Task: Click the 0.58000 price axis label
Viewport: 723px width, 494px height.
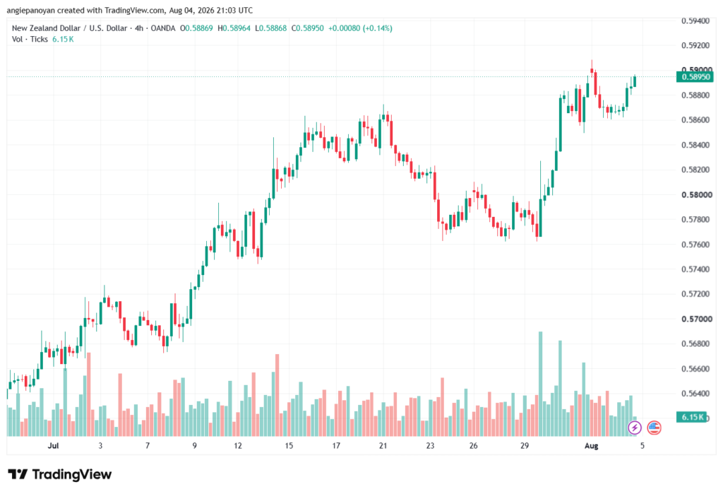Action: click(x=696, y=195)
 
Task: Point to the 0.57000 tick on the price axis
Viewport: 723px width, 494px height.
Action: click(x=696, y=319)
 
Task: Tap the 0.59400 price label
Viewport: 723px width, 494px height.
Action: click(x=696, y=20)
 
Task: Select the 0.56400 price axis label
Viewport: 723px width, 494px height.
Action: click(x=696, y=394)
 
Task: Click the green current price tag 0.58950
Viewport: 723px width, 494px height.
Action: click(x=695, y=76)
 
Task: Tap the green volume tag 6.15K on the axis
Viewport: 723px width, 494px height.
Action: click(x=691, y=417)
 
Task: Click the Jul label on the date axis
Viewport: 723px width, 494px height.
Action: click(x=54, y=445)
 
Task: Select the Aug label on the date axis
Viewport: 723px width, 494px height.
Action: click(x=591, y=445)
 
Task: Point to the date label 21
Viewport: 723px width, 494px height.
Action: click(x=383, y=445)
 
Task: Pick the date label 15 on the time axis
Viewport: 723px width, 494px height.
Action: click(x=289, y=445)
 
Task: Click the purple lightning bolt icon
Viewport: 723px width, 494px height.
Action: click(x=635, y=428)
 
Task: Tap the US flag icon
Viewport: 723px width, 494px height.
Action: click(x=654, y=428)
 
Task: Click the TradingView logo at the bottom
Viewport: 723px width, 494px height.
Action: click(x=60, y=474)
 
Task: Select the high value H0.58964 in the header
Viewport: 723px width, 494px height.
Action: click(x=234, y=28)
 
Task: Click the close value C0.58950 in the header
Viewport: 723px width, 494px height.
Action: click(x=308, y=28)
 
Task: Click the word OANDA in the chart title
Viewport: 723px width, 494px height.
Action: click(x=163, y=28)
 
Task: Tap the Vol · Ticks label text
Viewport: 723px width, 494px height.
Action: click(x=30, y=40)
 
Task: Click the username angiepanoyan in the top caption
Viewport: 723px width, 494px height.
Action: click(x=31, y=10)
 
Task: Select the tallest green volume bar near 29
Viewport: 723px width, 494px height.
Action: click(x=540, y=384)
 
